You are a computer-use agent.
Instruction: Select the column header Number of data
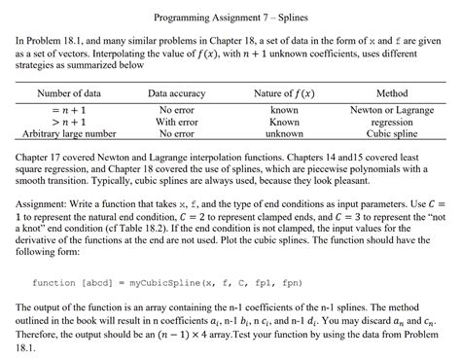click(75, 93)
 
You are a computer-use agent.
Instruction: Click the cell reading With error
click(177, 124)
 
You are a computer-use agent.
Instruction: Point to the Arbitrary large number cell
click(74, 134)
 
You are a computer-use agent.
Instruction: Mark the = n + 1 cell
click(75, 111)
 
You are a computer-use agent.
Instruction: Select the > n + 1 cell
click(75, 124)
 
